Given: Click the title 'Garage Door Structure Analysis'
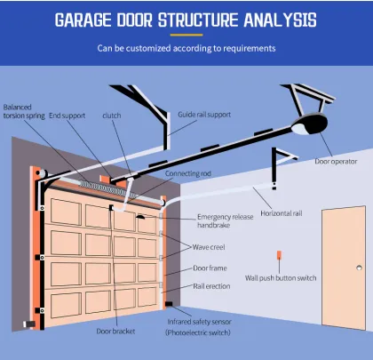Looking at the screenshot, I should click(x=186, y=20).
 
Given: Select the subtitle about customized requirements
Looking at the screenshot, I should click(x=186, y=48).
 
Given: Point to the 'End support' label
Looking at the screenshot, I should click(x=67, y=115).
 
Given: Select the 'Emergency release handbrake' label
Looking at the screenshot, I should click(x=226, y=221).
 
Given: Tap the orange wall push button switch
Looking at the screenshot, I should click(x=279, y=259).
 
